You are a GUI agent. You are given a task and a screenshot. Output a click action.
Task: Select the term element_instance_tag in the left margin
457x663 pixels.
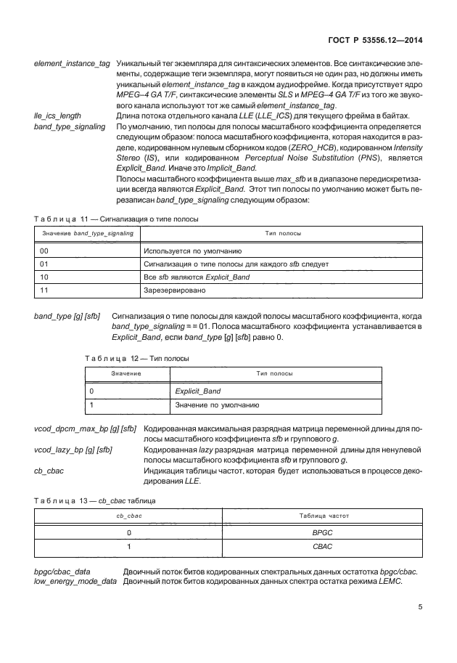(72, 65)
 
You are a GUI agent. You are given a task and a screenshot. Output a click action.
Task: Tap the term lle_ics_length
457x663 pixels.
(57, 116)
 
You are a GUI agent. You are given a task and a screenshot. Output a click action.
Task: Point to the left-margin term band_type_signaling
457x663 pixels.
(69, 126)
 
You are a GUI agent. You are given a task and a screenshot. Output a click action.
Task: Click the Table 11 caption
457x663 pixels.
(116, 218)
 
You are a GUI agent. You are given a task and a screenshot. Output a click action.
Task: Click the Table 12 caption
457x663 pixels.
(136, 358)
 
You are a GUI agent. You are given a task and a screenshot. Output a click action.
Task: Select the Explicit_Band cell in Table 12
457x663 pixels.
(198, 391)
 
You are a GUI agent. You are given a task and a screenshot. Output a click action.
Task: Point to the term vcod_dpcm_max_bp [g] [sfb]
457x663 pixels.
(85, 428)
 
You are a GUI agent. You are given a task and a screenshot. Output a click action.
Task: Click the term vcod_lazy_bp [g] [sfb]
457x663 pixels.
(73, 450)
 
